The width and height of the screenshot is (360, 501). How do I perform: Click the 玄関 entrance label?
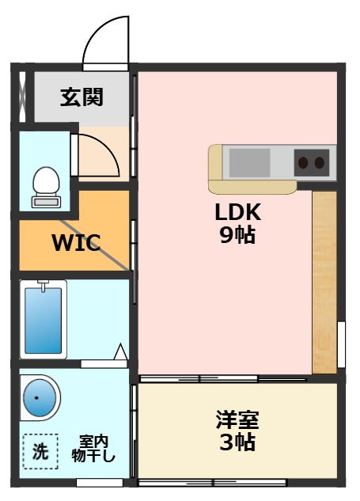point(81,97)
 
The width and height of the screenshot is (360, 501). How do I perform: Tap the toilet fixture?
point(47,188)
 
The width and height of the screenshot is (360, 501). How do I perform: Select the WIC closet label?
point(76,243)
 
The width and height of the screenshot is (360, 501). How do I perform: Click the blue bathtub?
point(44,321)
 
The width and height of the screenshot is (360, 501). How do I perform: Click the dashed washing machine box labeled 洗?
point(40,451)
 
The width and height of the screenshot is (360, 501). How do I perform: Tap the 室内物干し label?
point(93,449)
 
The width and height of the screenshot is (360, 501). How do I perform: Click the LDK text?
point(238,212)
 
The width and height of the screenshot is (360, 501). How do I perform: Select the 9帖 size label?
point(237,235)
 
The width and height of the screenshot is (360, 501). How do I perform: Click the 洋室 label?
point(237,419)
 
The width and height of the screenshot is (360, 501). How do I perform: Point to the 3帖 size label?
point(237,442)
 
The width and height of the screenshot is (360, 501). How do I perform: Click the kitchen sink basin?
point(249,162)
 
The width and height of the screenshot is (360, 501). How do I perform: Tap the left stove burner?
point(303,163)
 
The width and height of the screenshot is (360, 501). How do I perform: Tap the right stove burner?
point(320,163)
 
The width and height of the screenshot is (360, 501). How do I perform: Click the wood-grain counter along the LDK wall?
point(324,283)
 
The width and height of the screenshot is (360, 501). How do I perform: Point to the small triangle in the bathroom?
point(121,351)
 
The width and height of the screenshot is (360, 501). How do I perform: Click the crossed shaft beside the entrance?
point(22,97)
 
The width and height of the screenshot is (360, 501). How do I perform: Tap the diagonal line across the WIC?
point(95,245)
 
